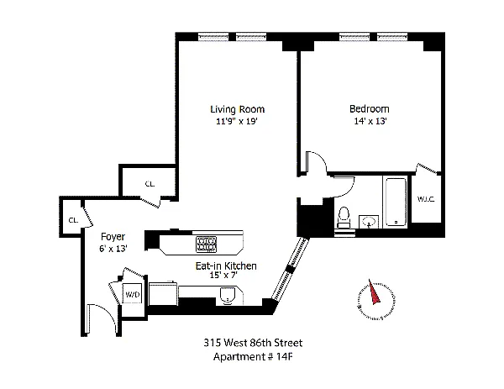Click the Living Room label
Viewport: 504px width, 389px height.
[237, 109]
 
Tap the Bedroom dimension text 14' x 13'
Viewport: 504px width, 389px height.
[370, 121]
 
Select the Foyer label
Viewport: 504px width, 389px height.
[113, 237]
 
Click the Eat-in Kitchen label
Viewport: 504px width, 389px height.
[226, 265]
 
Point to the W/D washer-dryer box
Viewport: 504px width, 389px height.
[133, 294]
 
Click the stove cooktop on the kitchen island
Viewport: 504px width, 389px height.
[206, 244]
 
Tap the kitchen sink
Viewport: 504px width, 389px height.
[228, 296]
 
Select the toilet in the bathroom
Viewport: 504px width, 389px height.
[344, 218]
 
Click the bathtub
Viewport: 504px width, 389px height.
[395, 202]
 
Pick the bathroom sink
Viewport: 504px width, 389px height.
[369, 222]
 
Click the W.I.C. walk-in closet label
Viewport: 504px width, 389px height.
[426, 199]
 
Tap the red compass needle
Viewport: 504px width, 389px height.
[374, 292]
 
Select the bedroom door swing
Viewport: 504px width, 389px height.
[316, 160]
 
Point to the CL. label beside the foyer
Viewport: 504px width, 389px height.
[73, 220]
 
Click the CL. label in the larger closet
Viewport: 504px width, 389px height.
[150, 184]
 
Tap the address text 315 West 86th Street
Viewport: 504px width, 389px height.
[253, 343]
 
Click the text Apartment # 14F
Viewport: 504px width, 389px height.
[253, 356]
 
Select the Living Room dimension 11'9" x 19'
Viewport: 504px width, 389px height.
[237, 122]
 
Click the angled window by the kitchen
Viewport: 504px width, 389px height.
[291, 269]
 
